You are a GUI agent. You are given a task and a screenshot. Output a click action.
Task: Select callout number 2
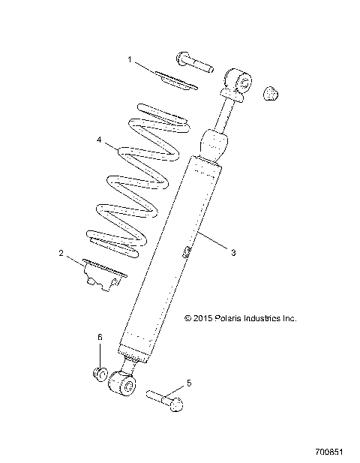[61, 254]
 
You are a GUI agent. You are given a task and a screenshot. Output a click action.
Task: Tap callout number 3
[233, 253]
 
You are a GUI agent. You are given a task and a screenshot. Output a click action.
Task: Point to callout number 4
[99, 140]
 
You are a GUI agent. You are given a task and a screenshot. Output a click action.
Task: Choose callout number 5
[188, 383]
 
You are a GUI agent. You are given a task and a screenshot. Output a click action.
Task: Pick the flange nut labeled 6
[99, 374]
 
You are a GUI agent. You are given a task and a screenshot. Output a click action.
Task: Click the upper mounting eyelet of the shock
[239, 80]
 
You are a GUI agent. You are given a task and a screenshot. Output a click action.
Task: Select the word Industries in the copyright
[268, 318]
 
